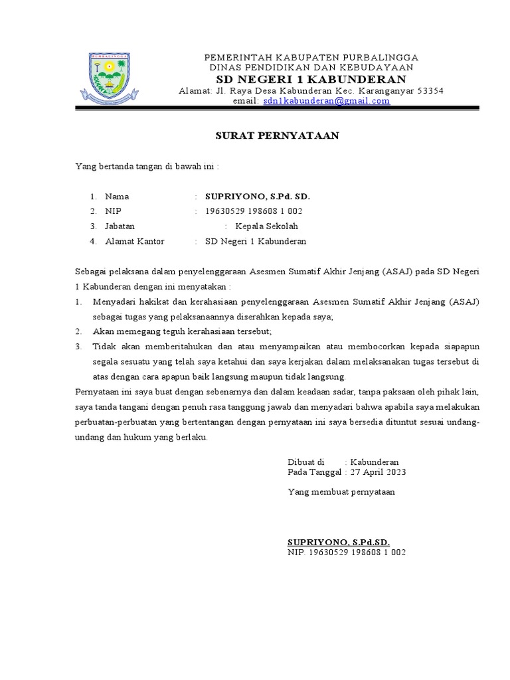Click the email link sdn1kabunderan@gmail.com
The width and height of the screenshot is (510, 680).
coord(326,101)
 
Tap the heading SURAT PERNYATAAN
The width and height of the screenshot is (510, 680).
coord(278,135)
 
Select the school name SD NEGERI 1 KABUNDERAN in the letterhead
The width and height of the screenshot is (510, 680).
coord(311,80)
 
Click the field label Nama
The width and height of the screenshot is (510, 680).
coord(117,197)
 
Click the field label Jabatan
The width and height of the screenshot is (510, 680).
coord(120,226)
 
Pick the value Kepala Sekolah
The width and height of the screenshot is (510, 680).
coord(266,226)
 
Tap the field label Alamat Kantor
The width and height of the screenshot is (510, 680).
coord(134,241)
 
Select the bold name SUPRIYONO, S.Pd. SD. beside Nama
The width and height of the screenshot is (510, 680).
coord(258,197)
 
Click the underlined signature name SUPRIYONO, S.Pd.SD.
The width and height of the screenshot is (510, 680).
coord(339,542)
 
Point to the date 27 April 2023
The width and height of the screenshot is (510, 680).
coord(377,472)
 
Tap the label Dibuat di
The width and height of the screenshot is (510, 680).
coord(305,462)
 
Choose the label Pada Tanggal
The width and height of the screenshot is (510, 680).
coord(315,472)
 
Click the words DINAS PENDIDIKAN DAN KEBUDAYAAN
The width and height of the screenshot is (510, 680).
coord(311,68)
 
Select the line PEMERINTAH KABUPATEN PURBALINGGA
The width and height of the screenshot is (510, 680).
coord(311,58)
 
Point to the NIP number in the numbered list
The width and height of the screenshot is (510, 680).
coord(254,211)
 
